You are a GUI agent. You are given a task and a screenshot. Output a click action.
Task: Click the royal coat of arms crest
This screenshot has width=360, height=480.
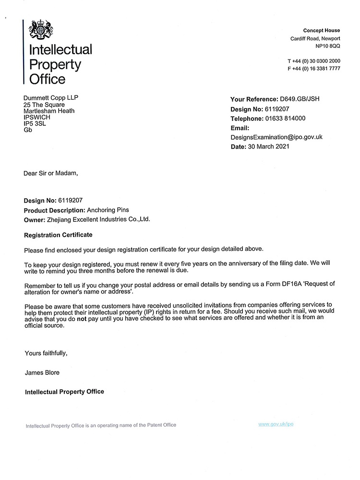(41, 30)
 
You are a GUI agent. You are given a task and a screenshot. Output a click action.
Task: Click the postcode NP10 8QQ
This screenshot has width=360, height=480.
(328, 46)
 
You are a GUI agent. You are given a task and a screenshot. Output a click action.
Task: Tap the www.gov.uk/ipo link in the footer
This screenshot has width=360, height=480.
(276, 424)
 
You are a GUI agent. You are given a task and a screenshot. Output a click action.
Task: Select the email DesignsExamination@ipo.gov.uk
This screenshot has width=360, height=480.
(276, 137)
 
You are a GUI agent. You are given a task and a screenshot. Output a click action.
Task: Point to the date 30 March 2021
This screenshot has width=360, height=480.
(268, 146)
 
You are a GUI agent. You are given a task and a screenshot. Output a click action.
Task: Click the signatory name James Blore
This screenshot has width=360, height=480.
(42, 372)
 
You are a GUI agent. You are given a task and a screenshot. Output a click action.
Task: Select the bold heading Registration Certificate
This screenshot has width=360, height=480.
(58, 235)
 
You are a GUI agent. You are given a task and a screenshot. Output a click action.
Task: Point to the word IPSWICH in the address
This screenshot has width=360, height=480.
(37, 117)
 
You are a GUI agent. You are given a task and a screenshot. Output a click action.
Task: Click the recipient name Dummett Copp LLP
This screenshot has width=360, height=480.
(51, 98)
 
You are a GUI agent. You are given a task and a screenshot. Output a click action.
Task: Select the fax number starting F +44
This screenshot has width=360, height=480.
(314, 69)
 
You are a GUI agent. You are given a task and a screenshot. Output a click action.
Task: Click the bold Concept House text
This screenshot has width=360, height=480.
(322, 31)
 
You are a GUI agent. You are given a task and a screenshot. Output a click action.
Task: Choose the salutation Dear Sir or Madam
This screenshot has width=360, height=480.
(50, 173)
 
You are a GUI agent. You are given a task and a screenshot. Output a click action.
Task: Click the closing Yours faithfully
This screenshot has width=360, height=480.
(46, 353)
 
